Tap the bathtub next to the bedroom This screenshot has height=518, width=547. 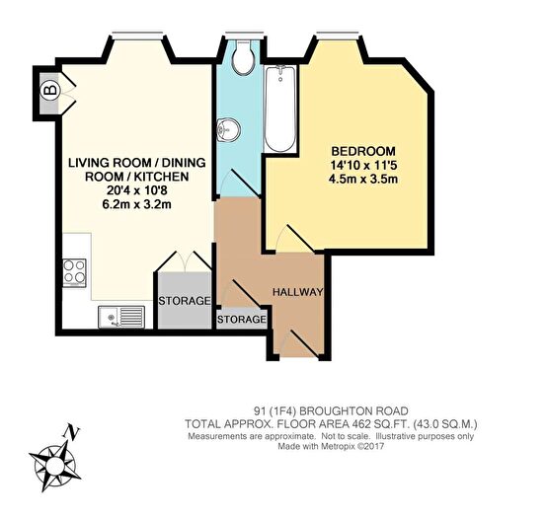click(x=280, y=109)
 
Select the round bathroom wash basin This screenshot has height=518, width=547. click(x=228, y=129)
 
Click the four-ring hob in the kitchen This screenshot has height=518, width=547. click(x=74, y=273)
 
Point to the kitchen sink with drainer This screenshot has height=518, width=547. click(x=121, y=317)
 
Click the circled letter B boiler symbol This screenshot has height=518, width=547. click(x=50, y=91)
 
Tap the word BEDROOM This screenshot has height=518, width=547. click(x=363, y=151)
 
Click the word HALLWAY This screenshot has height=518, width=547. click(x=298, y=292)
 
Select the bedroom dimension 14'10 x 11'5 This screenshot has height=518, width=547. click(x=363, y=165)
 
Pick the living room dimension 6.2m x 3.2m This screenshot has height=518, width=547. click(x=136, y=204)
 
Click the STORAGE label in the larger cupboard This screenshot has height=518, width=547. click(x=185, y=301)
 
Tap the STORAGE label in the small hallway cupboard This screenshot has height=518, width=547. click(x=242, y=319)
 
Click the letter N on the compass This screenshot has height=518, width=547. click(x=72, y=432)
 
